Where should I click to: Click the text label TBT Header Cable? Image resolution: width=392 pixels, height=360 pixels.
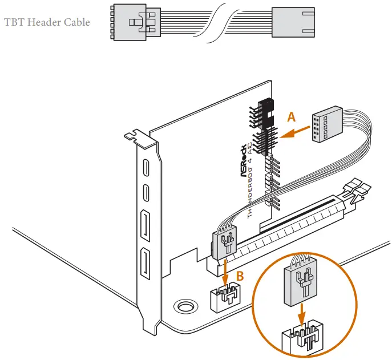coord(47,22)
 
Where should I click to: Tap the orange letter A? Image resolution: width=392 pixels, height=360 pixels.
coord(291,117)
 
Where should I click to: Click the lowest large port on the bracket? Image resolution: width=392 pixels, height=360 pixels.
coord(146,265)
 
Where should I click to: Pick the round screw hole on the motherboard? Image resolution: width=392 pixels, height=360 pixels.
coord(184,306)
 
